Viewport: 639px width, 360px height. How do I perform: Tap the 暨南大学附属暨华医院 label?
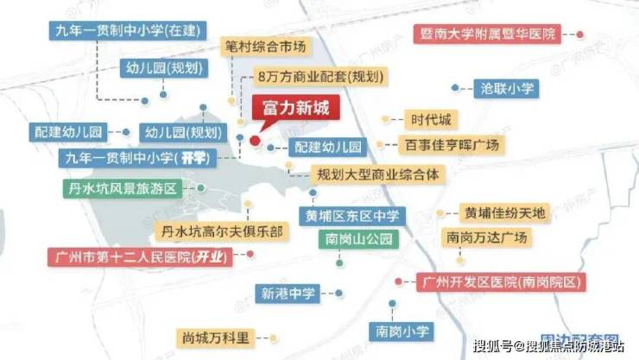click(x=486, y=35)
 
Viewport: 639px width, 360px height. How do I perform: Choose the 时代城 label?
click(x=430, y=119)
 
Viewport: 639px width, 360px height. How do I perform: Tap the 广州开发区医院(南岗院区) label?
click(x=501, y=281)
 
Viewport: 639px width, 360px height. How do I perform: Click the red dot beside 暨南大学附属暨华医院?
click(x=580, y=35)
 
